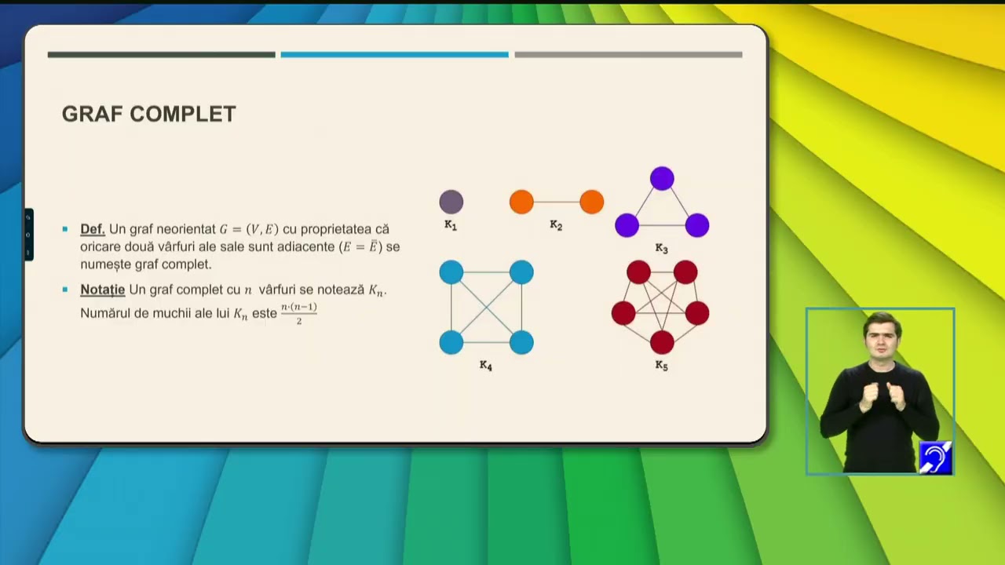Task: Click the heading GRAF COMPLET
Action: coord(149,115)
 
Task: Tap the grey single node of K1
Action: coord(451,202)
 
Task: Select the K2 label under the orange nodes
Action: coord(557,225)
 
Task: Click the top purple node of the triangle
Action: coord(662,178)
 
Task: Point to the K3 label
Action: coord(662,249)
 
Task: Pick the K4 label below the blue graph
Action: coord(486,366)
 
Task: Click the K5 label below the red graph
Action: coord(662,366)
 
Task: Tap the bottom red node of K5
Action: coord(662,342)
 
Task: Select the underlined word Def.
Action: coord(93,229)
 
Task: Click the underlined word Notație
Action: coord(103,290)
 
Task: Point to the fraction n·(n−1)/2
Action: coord(299,313)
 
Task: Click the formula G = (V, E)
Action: coord(249,230)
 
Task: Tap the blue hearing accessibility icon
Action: coord(935,457)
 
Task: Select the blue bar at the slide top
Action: coord(395,55)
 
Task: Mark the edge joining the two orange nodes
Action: coord(557,202)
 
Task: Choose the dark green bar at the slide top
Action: coord(162,55)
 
